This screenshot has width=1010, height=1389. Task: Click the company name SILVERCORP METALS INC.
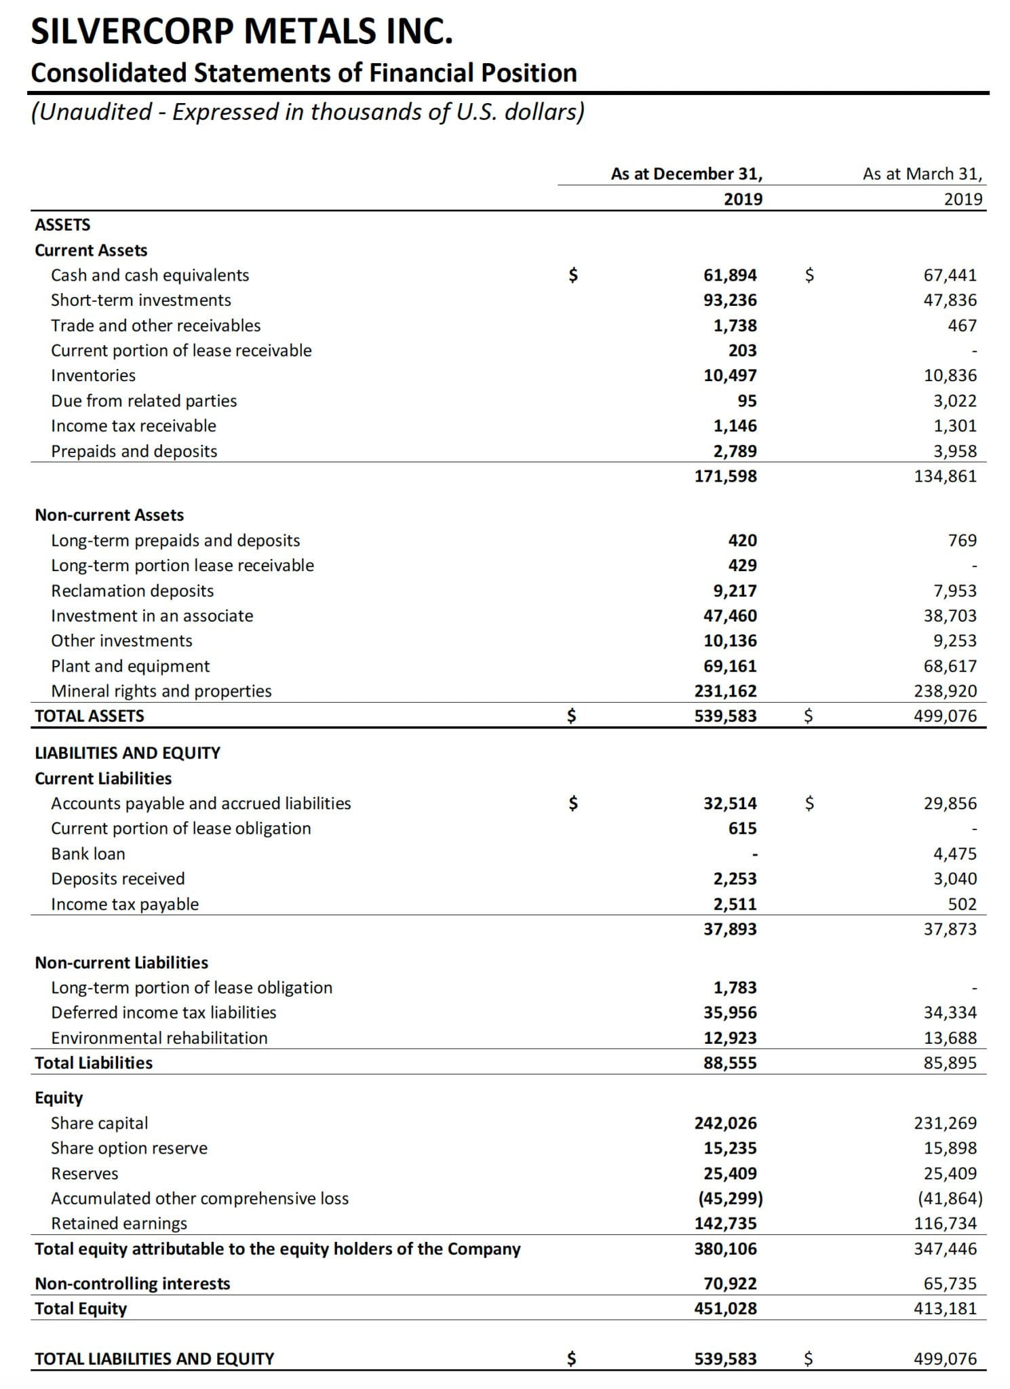[x=241, y=31]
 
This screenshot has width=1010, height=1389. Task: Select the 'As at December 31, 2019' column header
[x=686, y=186]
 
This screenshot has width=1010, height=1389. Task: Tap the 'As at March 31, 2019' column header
[x=922, y=186]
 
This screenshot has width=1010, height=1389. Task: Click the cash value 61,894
[x=730, y=275]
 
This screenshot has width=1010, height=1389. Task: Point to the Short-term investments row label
[x=141, y=300]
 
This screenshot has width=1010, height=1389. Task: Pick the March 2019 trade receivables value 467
[x=962, y=326]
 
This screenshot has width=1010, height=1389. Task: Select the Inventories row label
[x=94, y=375]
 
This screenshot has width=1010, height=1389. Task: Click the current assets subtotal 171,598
[x=725, y=475]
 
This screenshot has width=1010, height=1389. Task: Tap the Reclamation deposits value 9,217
[x=735, y=591]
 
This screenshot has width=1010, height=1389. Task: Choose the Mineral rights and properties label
[x=161, y=690]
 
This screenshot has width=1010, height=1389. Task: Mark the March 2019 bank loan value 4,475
[x=955, y=853]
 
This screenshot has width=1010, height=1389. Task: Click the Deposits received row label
[x=118, y=878]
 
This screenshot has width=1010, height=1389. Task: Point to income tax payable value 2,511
[x=735, y=904]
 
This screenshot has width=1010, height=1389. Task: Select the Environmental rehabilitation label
[x=159, y=1038]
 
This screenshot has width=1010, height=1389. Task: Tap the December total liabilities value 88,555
[x=730, y=1063]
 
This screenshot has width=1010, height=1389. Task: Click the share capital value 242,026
[x=725, y=1123]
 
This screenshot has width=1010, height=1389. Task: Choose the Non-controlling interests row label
[x=132, y=1283]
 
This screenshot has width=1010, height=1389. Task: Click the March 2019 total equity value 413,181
[x=946, y=1308]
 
